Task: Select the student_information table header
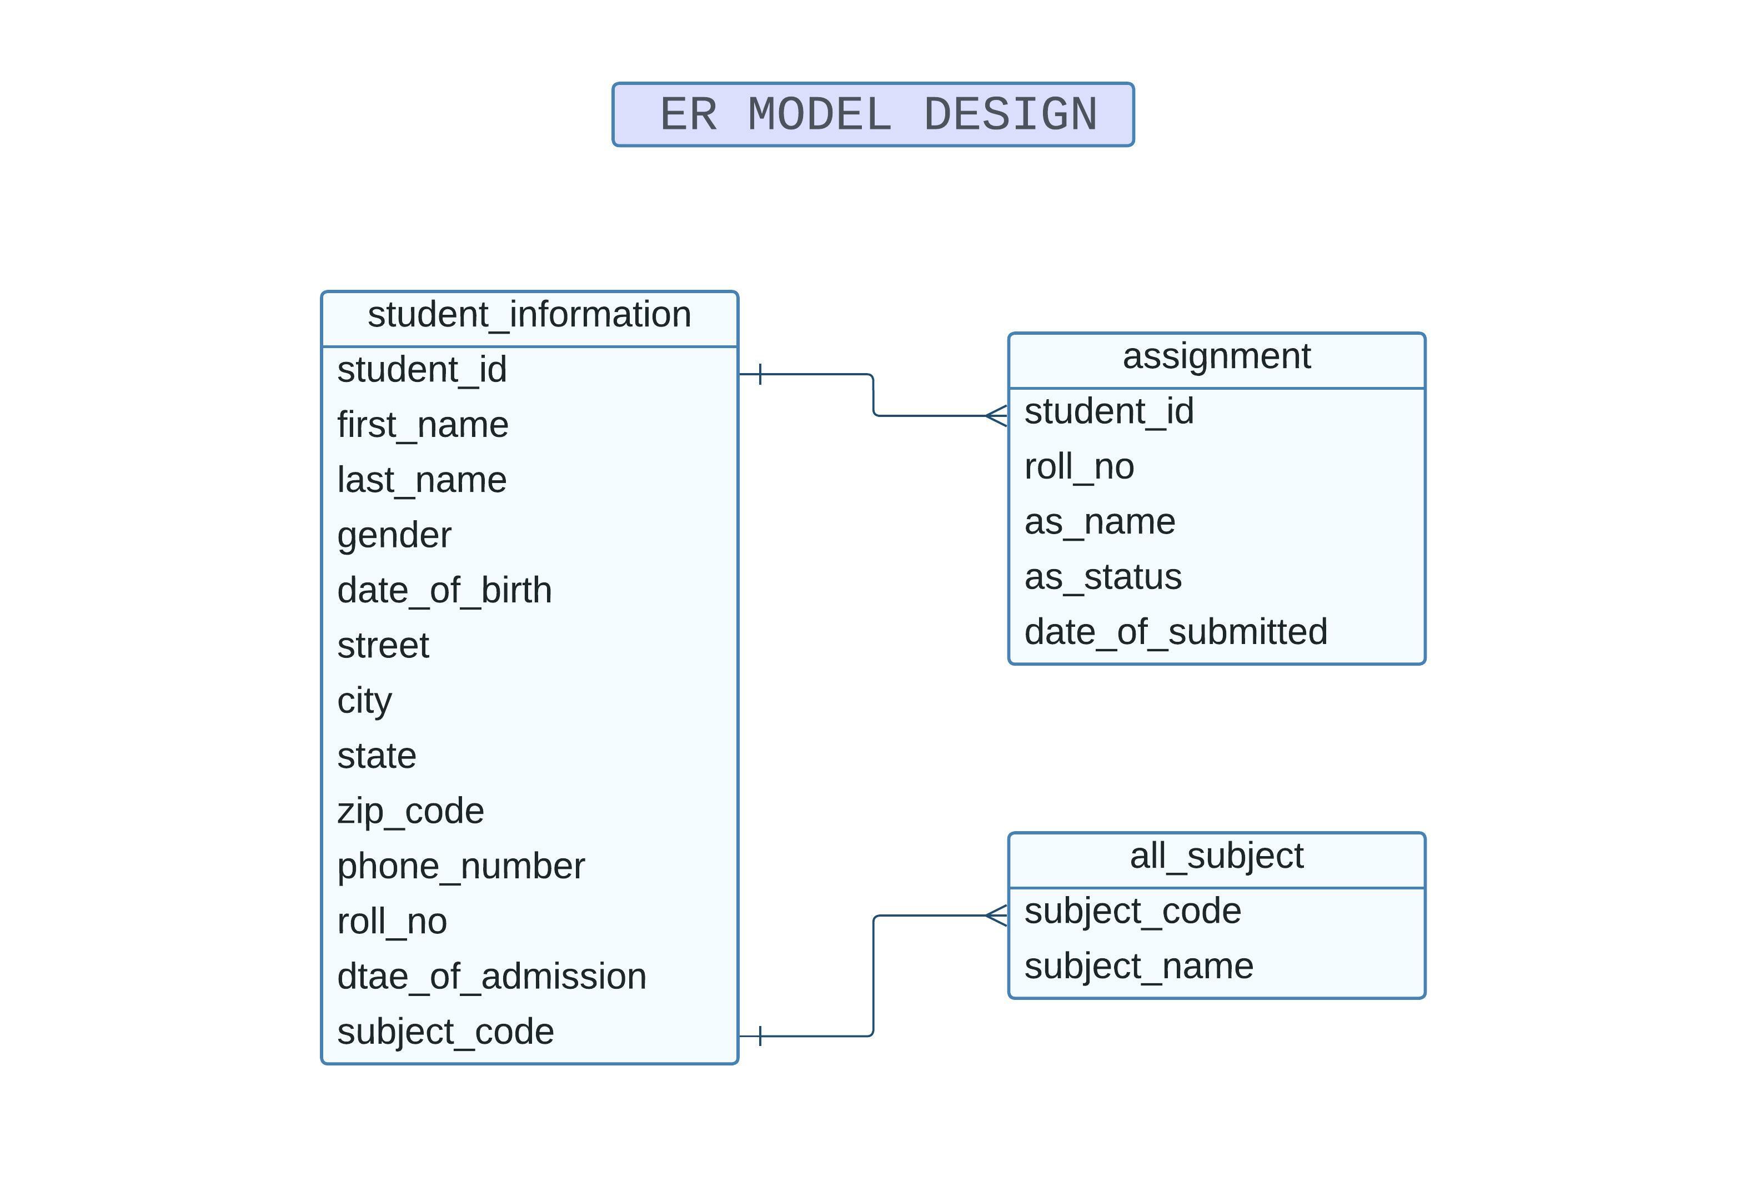click(x=529, y=315)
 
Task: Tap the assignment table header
click(x=1216, y=356)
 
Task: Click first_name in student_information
click(x=422, y=425)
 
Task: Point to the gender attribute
click(x=394, y=535)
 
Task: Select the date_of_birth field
click(x=444, y=591)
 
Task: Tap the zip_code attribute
click(x=410, y=811)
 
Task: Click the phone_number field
click(x=461, y=866)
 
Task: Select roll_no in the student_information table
click(x=392, y=922)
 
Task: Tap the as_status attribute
click(x=1102, y=577)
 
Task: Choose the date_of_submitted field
click(x=1175, y=632)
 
